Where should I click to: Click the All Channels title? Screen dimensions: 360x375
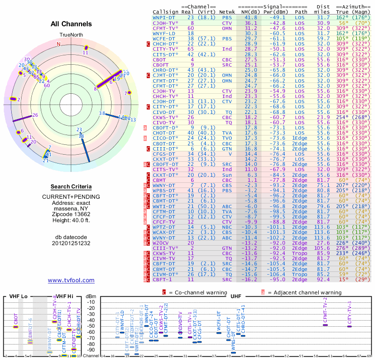click(x=71, y=24)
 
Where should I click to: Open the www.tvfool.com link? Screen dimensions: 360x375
click(x=71, y=280)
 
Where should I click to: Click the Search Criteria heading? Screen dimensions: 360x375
click(x=71, y=187)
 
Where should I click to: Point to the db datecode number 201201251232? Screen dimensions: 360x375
click(x=71, y=243)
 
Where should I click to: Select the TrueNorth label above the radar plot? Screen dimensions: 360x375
click(x=71, y=35)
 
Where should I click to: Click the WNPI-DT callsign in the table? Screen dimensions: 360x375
click(x=164, y=17)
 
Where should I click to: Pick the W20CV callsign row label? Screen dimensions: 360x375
click(x=163, y=243)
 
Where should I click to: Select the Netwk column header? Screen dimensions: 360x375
click(x=227, y=11)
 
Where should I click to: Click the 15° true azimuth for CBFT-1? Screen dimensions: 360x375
click(x=342, y=279)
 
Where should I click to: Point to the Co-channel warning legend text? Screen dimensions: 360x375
click(x=197, y=292)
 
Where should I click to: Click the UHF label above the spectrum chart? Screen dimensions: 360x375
click(x=236, y=296)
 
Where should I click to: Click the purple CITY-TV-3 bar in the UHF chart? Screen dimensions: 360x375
click(x=349, y=326)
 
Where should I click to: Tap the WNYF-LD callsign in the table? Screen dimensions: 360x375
click(x=164, y=33)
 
